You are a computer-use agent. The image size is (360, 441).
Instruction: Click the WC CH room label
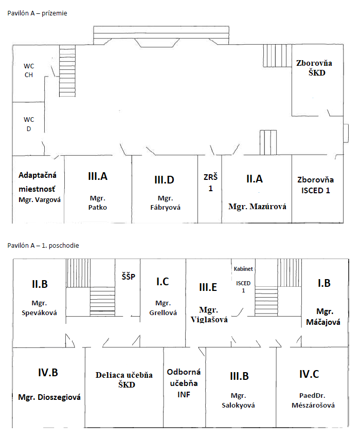(x=29, y=70)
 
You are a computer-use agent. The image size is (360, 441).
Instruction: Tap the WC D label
(x=29, y=124)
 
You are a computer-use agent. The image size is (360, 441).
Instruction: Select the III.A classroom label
(x=98, y=176)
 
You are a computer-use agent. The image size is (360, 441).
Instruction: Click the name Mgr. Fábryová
(x=165, y=203)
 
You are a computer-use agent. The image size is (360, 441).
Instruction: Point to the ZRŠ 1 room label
(x=210, y=182)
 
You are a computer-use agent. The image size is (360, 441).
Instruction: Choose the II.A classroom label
(x=255, y=179)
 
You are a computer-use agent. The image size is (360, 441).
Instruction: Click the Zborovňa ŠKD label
(x=314, y=68)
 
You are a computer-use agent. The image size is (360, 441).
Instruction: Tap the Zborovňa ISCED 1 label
(x=316, y=185)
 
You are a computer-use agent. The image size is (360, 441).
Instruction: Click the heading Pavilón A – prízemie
(x=37, y=13)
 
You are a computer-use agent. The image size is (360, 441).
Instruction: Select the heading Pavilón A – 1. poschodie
(x=43, y=246)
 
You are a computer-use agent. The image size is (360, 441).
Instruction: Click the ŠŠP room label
(x=129, y=277)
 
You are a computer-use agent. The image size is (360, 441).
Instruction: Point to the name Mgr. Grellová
(x=163, y=308)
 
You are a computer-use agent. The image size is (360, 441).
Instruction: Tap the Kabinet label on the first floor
(x=243, y=269)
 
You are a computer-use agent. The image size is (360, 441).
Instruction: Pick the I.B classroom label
(x=324, y=283)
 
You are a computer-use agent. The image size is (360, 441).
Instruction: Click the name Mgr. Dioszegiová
(x=49, y=397)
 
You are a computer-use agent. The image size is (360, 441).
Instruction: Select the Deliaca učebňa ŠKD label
(x=124, y=380)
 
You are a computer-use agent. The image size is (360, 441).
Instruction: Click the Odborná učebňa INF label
(x=184, y=383)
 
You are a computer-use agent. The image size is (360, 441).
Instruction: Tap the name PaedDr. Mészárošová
(x=313, y=400)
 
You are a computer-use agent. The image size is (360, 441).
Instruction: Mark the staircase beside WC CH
(x=67, y=71)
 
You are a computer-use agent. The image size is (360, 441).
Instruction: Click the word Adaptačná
(x=38, y=175)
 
